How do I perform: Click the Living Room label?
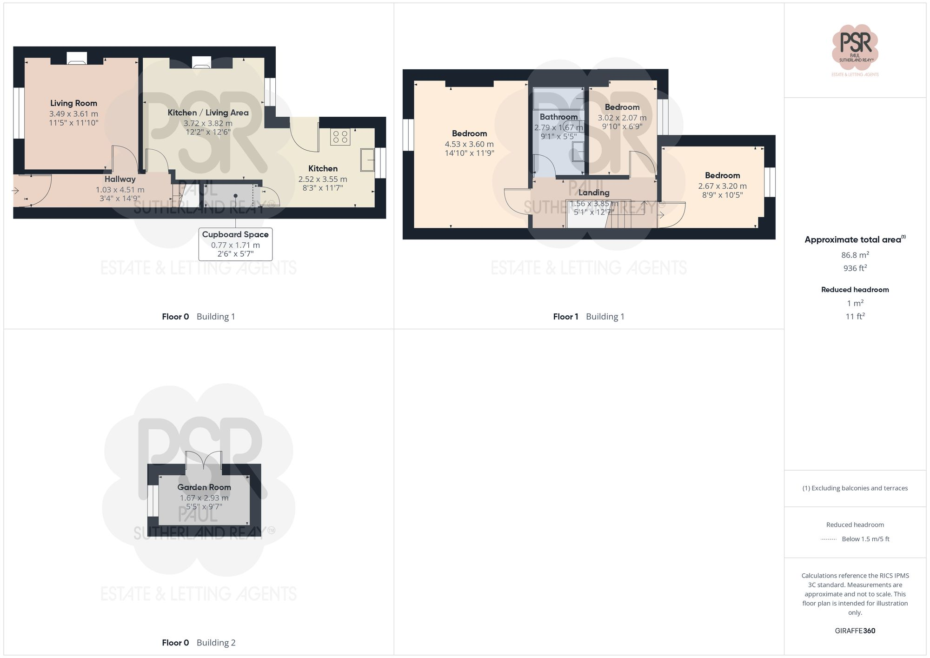73,103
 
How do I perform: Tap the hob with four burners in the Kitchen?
340,137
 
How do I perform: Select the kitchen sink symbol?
367,160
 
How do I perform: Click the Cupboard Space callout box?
235,244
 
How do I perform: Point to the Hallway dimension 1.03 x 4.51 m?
120,190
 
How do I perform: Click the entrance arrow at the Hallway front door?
15,191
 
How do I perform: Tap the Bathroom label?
558,117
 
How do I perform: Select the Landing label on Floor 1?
594,193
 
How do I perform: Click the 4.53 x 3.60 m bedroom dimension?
469,144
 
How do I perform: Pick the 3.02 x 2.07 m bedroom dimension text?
622,118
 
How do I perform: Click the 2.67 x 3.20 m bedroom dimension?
722,186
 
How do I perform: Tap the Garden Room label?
204,487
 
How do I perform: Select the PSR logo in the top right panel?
855,47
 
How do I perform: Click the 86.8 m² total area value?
855,255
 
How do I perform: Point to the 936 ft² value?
855,268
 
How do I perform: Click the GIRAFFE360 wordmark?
855,631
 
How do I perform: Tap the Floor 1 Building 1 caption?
588,317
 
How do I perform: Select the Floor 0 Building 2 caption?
199,643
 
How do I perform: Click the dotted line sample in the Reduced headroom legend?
829,539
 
